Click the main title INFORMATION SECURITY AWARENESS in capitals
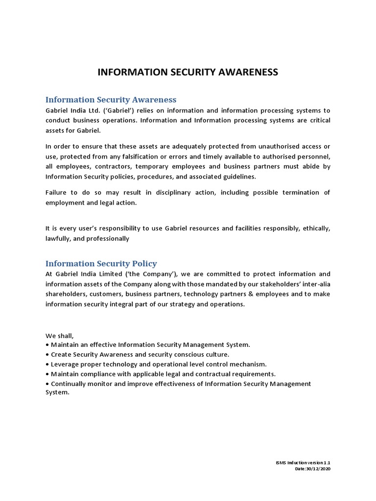(188, 72)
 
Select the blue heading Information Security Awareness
(111, 100)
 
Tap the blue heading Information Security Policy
(101, 263)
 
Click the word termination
(299, 192)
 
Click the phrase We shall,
(60, 336)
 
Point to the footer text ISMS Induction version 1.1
(303, 462)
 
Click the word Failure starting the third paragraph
(57, 192)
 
